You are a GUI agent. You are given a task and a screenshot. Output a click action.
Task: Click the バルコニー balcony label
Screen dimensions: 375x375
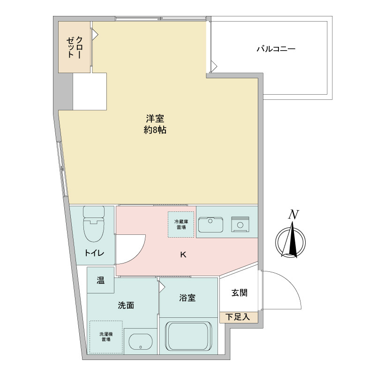(x=276, y=49)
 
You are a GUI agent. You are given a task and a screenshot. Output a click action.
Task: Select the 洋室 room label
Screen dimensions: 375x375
(x=155, y=119)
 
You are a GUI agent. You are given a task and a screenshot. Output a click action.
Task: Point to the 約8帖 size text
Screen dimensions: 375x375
(x=155, y=131)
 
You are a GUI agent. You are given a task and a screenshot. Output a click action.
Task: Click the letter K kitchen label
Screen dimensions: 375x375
(x=184, y=255)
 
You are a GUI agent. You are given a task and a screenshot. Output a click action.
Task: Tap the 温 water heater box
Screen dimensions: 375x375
(x=100, y=280)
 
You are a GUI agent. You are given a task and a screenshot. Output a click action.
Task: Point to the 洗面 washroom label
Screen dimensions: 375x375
(x=126, y=305)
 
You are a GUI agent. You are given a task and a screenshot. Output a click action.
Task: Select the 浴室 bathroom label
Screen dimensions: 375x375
(x=187, y=298)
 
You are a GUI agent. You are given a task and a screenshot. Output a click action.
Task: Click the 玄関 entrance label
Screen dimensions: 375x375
(x=239, y=293)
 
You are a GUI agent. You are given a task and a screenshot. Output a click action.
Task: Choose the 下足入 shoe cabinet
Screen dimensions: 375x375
(x=238, y=317)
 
